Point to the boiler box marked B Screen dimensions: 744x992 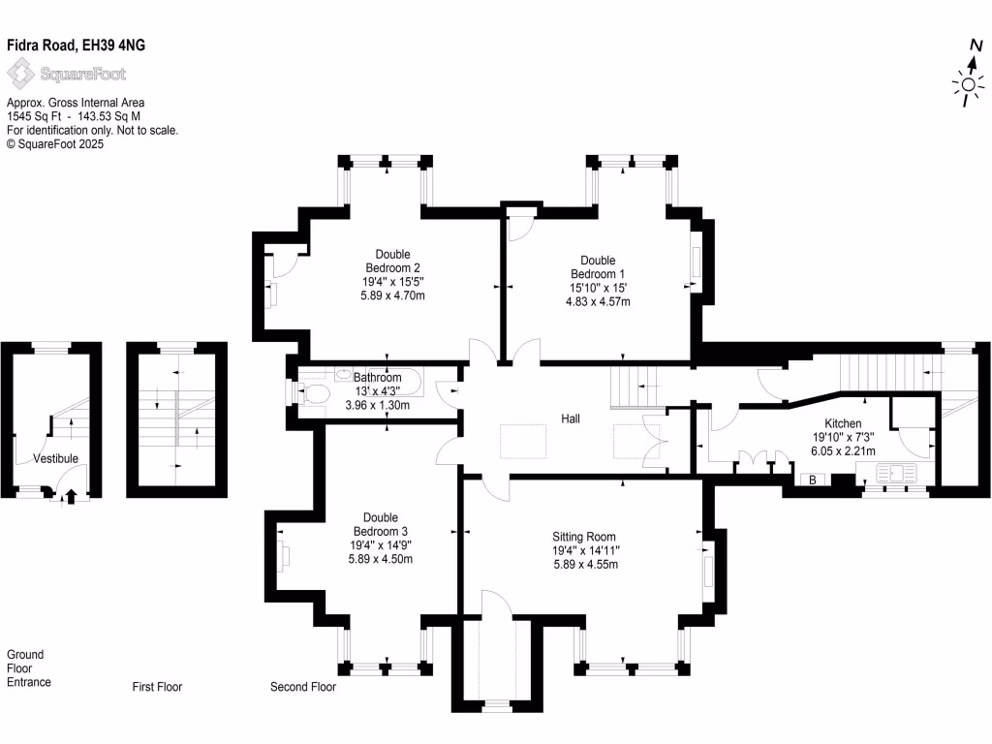811,480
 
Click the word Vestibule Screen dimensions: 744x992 55,458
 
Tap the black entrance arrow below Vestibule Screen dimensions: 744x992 69,498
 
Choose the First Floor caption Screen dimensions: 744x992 157,687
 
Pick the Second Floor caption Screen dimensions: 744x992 302,687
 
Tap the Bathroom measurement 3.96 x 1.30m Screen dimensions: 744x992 377,406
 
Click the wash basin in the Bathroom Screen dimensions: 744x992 346,374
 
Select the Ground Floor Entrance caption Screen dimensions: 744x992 29,668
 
